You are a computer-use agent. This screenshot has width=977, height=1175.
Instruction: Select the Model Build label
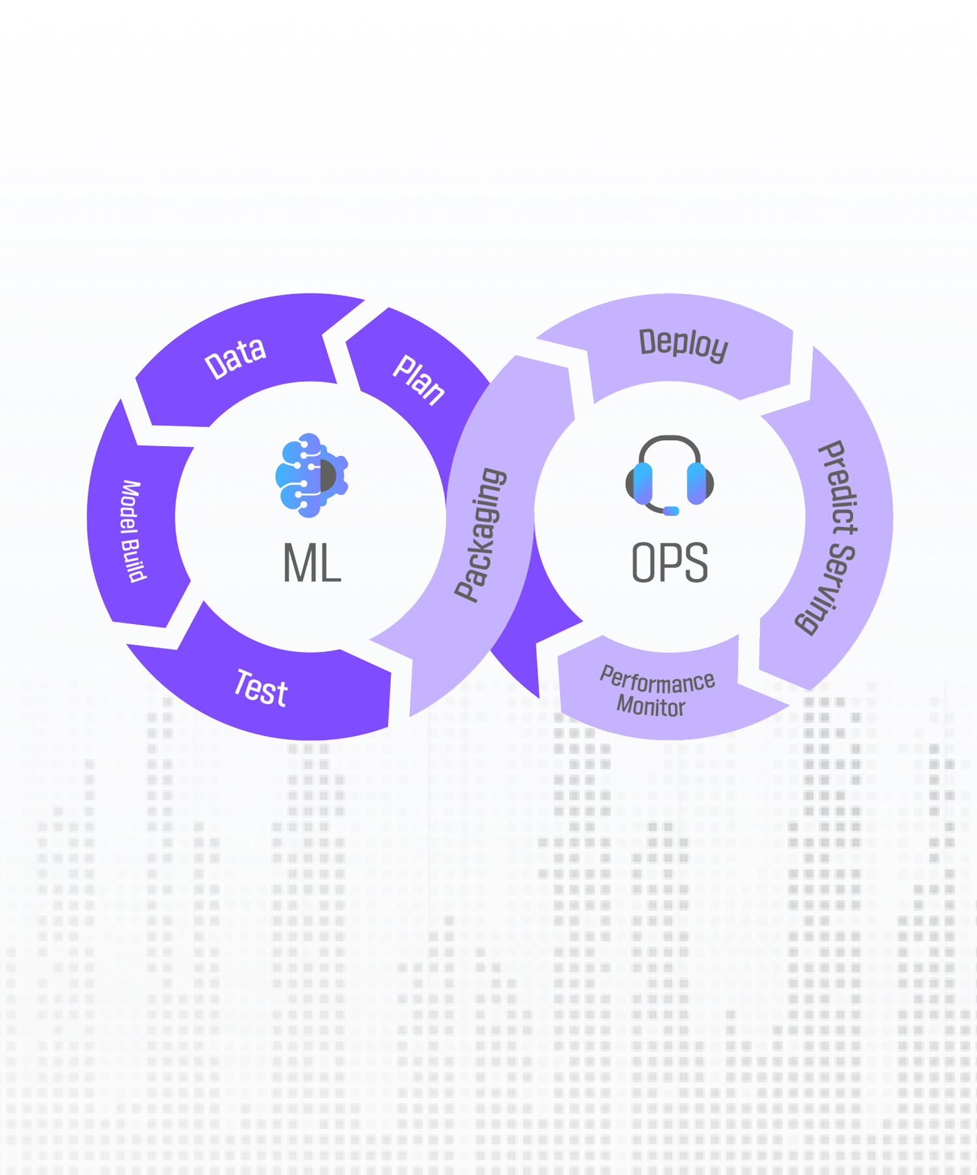(x=133, y=531)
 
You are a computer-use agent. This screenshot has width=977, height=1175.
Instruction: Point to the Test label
(x=261, y=688)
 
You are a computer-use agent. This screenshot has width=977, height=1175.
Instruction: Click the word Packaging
(x=480, y=535)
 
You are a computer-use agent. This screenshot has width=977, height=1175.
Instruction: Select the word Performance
(x=657, y=680)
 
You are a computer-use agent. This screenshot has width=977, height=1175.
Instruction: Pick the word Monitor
(x=651, y=707)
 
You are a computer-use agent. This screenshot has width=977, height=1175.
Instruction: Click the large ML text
(x=312, y=563)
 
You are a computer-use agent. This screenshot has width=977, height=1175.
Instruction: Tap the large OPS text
(x=670, y=563)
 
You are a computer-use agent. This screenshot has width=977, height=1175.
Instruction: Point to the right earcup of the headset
(x=698, y=483)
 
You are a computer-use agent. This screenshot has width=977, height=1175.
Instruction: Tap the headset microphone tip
(x=671, y=511)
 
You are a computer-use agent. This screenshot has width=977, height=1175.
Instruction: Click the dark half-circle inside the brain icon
(x=328, y=475)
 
